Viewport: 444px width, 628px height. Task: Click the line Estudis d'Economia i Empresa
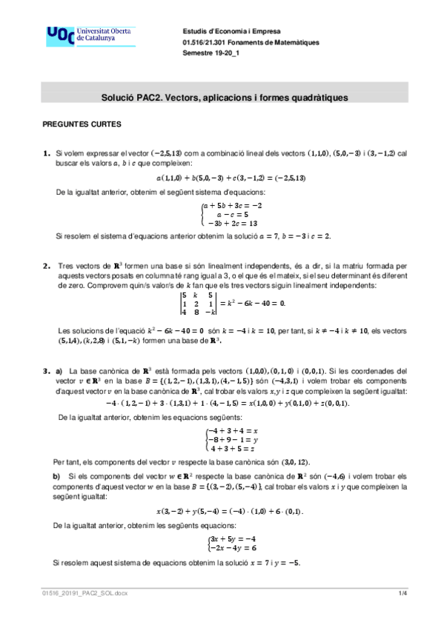tap(227, 30)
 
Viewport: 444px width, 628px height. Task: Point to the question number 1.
tap(46, 153)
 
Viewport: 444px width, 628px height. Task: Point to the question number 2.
tap(46, 265)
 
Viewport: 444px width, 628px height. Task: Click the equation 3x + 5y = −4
tap(232, 538)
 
